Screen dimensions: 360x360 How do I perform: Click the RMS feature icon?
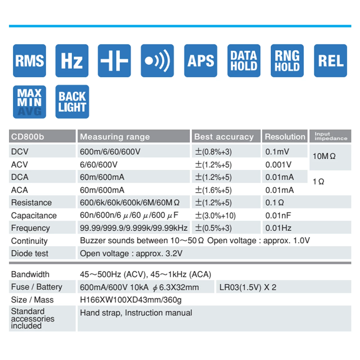click(30, 61)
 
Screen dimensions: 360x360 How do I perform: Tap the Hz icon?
click(72, 61)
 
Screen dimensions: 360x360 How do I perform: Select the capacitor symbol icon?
click(114, 61)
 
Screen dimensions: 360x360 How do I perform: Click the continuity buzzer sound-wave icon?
click(157, 61)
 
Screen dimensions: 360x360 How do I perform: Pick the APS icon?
click(201, 61)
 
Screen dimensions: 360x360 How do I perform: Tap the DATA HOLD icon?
click(244, 61)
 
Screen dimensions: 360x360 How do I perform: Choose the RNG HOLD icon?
click(287, 61)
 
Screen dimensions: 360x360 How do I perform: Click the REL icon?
click(330, 61)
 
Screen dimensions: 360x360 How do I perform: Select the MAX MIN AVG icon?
click(30, 102)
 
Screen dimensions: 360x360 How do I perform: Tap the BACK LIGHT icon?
click(72, 102)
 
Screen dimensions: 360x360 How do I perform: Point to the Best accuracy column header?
click(224, 137)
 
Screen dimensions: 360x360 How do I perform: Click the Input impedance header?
click(331, 136)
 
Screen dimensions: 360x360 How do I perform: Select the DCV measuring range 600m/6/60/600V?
click(110, 152)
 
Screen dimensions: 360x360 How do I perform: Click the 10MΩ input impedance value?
click(324, 156)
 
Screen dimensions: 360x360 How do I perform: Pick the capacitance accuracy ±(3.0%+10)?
click(215, 216)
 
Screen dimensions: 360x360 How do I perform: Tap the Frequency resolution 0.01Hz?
click(278, 228)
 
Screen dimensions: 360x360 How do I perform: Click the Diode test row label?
click(30, 254)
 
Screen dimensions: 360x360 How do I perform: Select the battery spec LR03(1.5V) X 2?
click(248, 287)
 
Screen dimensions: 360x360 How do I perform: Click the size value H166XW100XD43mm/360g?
click(131, 300)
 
